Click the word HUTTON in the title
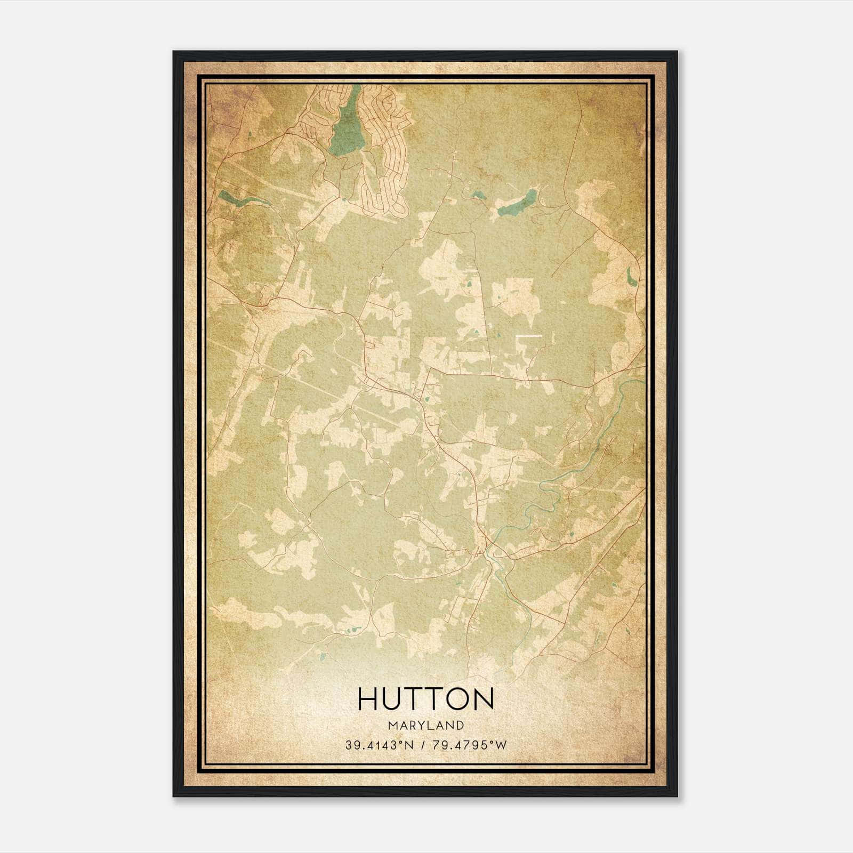(425, 699)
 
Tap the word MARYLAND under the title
(426, 726)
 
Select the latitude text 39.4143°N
(380, 745)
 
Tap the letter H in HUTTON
(367, 699)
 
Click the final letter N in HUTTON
(484, 699)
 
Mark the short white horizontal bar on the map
(529, 336)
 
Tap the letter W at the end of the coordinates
(501, 745)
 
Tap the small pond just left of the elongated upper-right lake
(476, 196)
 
